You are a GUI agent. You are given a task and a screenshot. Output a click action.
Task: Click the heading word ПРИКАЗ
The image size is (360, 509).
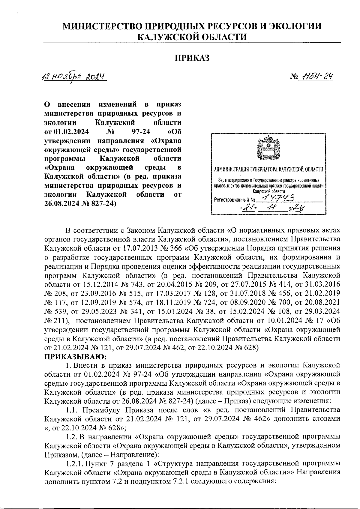coord(192,58)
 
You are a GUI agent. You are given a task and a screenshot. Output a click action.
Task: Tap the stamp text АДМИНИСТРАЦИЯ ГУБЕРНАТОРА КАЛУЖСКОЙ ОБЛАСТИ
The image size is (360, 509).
coord(269,169)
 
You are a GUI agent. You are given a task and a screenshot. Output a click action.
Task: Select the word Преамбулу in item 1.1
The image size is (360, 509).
coord(103,410)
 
